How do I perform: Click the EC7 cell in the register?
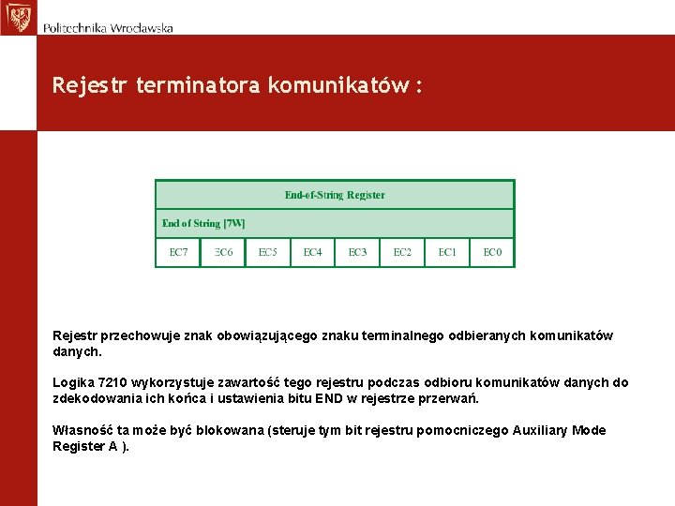[x=178, y=252]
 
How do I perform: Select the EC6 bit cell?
[x=223, y=252]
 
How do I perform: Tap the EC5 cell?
[x=268, y=252]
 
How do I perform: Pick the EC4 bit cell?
[x=312, y=252]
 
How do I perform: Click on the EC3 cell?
[x=357, y=252]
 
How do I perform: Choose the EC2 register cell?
[x=402, y=252]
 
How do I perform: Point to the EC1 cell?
[x=447, y=252]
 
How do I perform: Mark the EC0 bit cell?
[x=492, y=252]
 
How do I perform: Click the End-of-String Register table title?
[x=335, y=195]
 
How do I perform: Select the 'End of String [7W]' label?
[x=203, y=223]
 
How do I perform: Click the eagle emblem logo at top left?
[x=17, y=17]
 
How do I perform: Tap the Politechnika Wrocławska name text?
[x=108, y=28]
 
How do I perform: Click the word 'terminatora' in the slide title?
[x=199, y=86]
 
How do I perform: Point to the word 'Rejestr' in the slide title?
[x=91, y=86]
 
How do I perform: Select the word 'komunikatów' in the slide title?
[x=338, y=86]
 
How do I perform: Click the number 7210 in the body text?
[x=113, y=382]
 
